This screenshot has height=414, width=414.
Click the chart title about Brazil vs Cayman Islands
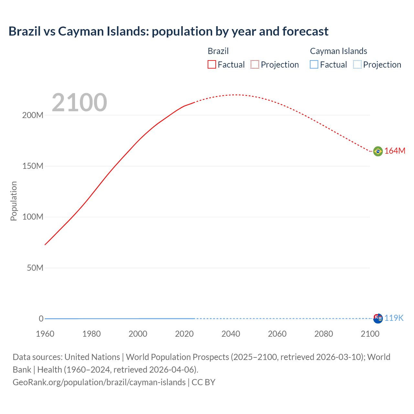168,31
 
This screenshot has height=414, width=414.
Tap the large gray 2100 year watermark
79,103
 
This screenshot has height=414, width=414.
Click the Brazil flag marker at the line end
378,151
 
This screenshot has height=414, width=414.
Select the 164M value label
395,151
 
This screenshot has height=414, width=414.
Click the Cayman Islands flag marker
378,318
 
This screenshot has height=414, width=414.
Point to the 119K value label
394,318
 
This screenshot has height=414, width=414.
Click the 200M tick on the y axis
33,115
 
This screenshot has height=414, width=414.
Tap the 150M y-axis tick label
33,166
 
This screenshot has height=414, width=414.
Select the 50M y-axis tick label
35,268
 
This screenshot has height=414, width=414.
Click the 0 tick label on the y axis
41,319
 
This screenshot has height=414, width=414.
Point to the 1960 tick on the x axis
45,334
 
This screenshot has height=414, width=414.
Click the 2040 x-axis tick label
231,334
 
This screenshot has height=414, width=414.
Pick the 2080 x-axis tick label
323,334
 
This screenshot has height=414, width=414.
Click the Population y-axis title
14,201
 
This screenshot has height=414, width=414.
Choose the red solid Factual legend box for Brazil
212,65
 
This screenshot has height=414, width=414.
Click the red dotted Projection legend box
255,65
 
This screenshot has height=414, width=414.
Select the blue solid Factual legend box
314,65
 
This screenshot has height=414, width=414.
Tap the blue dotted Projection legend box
357,65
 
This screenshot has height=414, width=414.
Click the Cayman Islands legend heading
338,51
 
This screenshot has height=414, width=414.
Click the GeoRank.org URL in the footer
99,382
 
